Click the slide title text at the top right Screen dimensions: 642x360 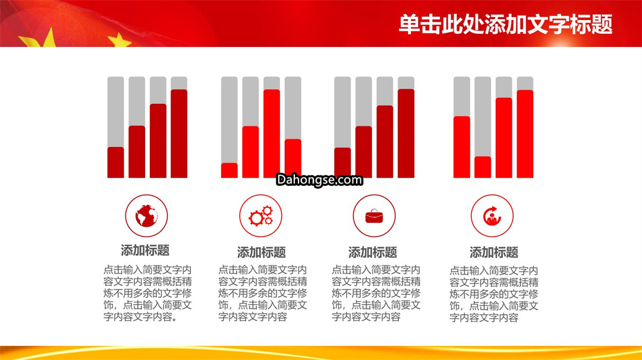[506, 24]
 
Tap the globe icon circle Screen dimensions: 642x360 [147, 216]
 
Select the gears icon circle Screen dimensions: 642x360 [261, 216]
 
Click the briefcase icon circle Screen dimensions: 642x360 [374, 216]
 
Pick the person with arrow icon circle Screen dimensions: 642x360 [492, 216]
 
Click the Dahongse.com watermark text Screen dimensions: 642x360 [319, 179]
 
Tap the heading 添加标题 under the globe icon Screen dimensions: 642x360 [145, 250]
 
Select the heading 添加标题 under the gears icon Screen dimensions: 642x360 [261, 252]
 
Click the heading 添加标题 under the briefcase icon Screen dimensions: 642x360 [373, 252]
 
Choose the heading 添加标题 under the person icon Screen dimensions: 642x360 [494, 252]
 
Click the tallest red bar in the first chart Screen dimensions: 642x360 [179, 133]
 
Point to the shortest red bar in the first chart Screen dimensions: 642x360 [115, 162]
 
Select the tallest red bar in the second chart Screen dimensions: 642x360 [272, 133]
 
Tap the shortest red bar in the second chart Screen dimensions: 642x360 [229, 170]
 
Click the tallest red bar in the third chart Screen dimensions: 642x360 [406, 133]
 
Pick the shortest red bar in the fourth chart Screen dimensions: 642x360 [483, 168]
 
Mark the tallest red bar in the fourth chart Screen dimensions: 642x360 [525, 134]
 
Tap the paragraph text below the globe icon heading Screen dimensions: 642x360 [147, 293]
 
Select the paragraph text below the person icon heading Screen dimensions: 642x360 [494, 294]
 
